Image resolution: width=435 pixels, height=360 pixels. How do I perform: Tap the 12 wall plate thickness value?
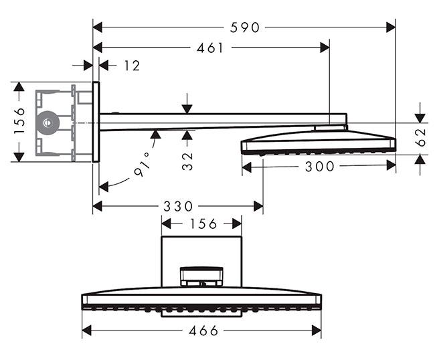[132, 66]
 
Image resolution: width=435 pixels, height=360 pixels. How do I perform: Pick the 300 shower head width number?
[319, 167]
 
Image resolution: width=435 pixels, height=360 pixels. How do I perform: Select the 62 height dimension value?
[420, 138]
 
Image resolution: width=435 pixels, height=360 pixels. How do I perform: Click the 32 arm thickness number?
[188, 161]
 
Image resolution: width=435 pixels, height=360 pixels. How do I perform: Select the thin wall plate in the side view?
[96, 122]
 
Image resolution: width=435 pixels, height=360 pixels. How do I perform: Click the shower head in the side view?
[318, 143]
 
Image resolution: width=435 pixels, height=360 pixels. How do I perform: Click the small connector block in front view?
[201, 276]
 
